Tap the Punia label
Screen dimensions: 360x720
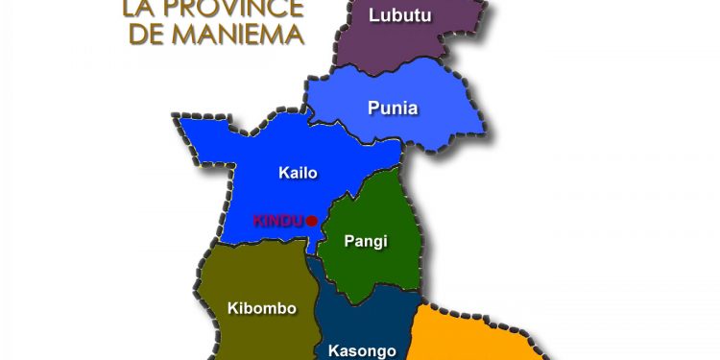(393, 108)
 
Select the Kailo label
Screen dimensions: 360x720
(298, 174)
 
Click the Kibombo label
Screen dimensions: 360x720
(261, 308)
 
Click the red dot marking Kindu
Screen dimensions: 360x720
(311, 221)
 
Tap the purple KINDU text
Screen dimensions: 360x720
(277, 221)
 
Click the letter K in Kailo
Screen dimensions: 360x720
(283, 174)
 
